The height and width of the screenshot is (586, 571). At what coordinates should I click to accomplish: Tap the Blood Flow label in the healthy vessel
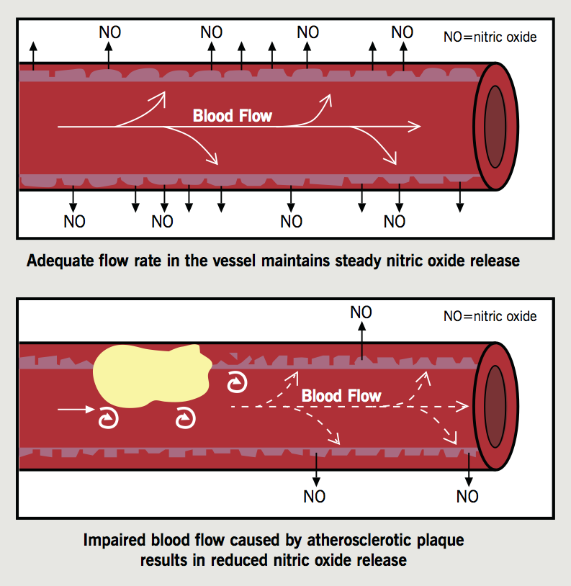(x=232, y=116)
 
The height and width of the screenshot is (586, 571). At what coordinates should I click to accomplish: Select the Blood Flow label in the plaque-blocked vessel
(x=341, y=396)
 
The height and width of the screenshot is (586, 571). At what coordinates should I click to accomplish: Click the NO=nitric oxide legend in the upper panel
(x=490, y=36)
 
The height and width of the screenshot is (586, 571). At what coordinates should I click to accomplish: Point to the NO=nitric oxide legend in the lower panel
(x=490, y=315)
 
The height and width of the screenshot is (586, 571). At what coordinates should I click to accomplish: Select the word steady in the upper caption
(x=359, y=261)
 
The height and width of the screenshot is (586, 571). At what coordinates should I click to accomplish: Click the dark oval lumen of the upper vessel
(x=495, y=125)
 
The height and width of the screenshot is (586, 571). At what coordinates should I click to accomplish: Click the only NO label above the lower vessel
(x=361, y=312)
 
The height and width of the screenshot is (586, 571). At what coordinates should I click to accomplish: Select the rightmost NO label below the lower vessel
(x=467, y=497)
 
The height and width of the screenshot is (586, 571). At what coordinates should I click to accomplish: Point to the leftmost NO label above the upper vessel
(x=109, y=32)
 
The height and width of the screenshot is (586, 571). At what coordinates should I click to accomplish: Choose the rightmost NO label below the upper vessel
(x=394, y=222)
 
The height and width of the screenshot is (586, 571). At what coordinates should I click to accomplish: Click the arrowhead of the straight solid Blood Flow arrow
(x=415, y=127)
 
